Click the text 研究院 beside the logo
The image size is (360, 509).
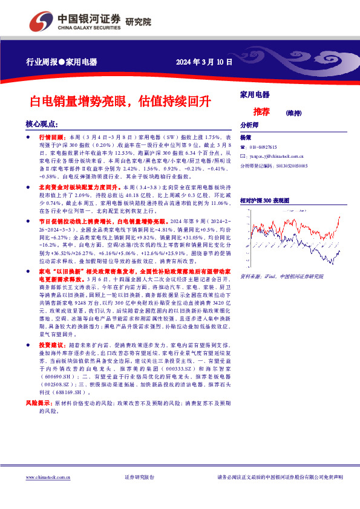tap(139, 22)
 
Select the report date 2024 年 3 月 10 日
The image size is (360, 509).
tap(204, 62)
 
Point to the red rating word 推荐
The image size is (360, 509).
tap(261, 112)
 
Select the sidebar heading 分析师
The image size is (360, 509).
tap(249, 125)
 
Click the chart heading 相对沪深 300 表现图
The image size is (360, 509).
tap(264, 199)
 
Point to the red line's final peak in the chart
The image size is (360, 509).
tap(339, 216)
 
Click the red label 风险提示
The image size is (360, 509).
tap(38, 402)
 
